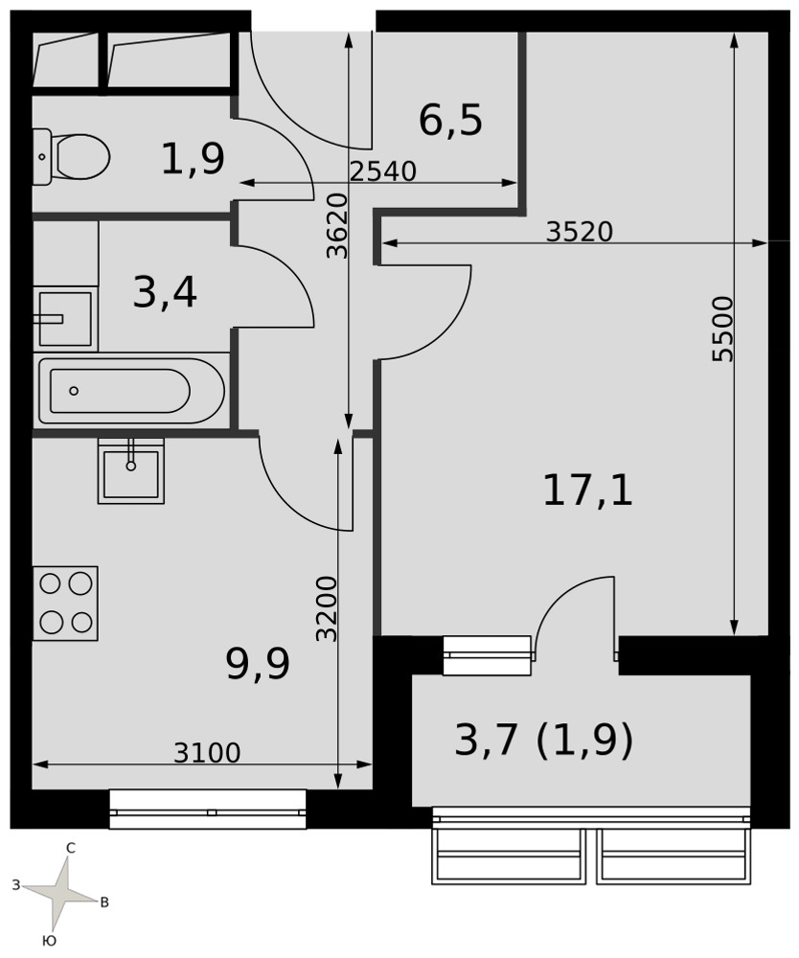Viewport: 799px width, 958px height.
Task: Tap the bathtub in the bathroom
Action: (x=131, y=391)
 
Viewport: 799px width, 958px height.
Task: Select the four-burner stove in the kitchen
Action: (x=65, y=603)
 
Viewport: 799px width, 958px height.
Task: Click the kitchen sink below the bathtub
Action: (x=131, y=470)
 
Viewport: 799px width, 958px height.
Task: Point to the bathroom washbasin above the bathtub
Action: (x=65, y=318)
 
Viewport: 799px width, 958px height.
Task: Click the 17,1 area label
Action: (x=587, y=491)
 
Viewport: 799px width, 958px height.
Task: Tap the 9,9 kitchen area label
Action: (x=257, y=664)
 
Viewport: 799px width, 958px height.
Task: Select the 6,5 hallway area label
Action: (x=451, y=120)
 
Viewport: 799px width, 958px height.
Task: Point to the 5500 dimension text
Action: (x=722, y=329)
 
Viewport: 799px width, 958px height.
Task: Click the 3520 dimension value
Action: (x=579, y=232)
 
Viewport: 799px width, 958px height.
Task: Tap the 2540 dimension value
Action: (x=383, y=171)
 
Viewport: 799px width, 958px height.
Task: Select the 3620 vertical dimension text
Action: (x=336, y=226)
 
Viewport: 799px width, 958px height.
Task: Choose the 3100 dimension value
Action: (x=207, y=753)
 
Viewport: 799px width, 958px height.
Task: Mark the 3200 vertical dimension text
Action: (x=327, y=608)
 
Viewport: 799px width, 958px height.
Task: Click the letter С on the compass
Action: (x=71, y=848)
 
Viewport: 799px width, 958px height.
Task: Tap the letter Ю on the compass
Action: (x=50, y=941)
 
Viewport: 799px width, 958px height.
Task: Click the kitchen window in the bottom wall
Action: (x=208, y=809)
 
